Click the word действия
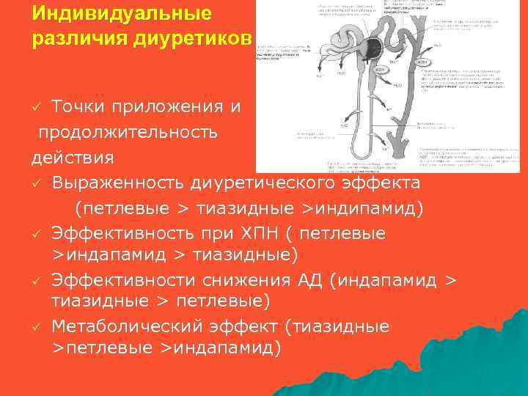coord(73,157)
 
